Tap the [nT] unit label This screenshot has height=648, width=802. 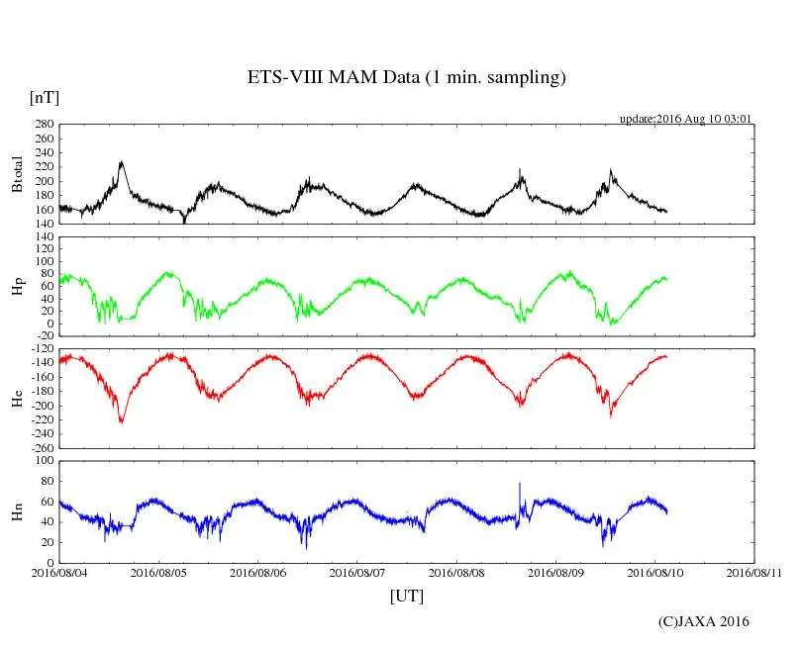point(44,98)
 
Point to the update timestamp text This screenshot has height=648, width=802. point(686,119)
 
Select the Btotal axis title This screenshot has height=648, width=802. point(17,174)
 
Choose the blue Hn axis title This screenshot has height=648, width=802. point(17,511)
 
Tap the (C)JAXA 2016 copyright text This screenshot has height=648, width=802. point(703,621)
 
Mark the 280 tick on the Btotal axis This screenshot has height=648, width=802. point(43,125)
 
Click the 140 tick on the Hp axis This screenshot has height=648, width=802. point(43,237)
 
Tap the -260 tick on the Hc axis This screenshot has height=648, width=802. point(41,447)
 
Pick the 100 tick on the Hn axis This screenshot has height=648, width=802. point(43,461)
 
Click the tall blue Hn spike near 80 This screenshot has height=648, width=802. point(519,485)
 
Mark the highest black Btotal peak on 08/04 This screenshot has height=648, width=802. point(121,162)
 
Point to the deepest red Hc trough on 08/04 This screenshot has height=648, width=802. point(122,421)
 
